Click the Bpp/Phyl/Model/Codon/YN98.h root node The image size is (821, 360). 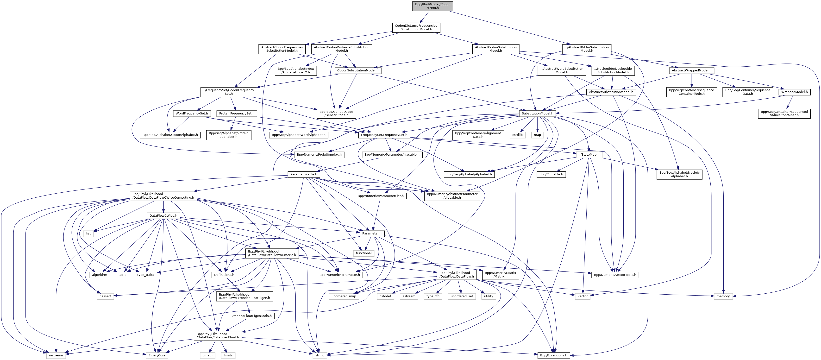[x=433, y=6]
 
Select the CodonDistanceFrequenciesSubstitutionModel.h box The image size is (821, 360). [x=416, y=27]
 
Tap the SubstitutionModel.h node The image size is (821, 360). [x=537, y=114]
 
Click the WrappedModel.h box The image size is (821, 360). [x=794, y=92]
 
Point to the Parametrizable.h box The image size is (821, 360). [x=304, y=174]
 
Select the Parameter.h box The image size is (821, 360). [x=372, y=234]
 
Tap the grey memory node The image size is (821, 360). [x=723, y=296]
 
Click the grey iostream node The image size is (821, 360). [x=56, y=355]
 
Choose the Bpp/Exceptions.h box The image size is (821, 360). [x=553, y=355]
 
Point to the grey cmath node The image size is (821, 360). [x=207, y=355]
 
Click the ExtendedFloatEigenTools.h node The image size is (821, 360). [x=251, y=316]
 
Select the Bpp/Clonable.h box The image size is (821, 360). [x=551, y=174]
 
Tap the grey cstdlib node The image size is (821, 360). [x=517, y=135]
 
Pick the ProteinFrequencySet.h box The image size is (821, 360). [x=237, y=114]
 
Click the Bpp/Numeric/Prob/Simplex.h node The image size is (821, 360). [x=319, y=155]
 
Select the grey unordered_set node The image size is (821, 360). [x=462, y=296]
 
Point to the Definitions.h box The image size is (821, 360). [x=224, y=275]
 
